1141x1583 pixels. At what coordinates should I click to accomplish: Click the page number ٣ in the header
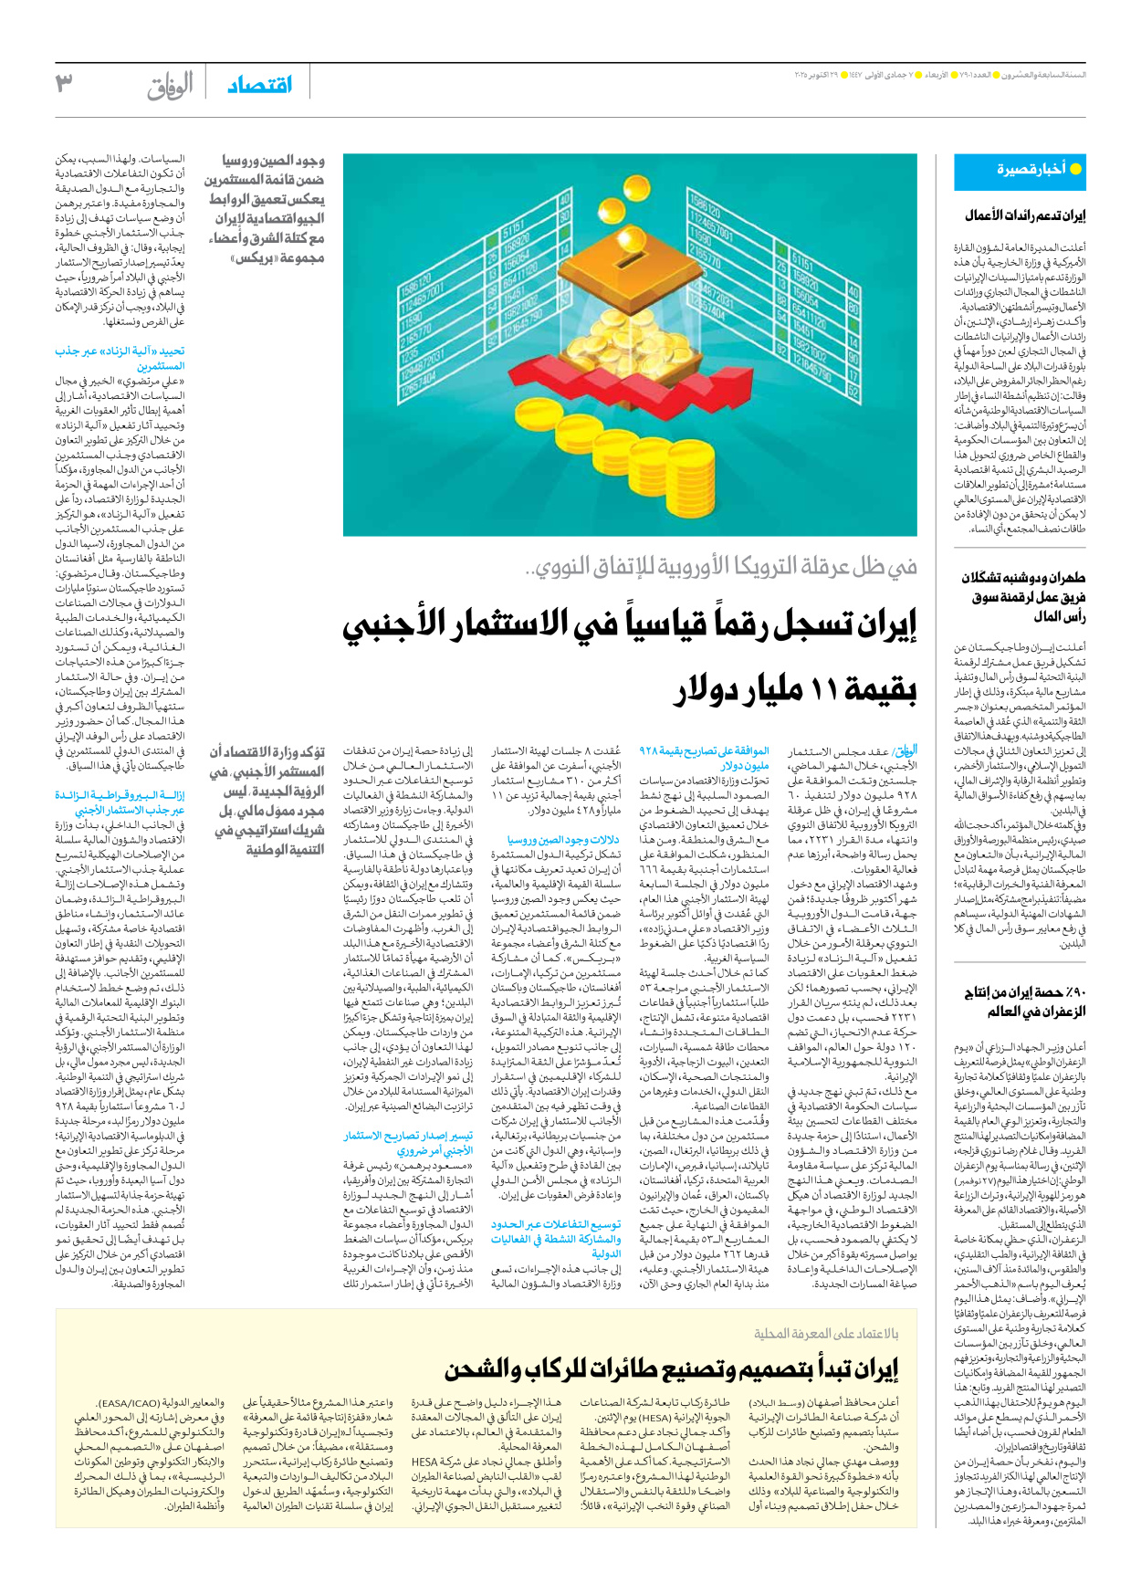tap(65, 83)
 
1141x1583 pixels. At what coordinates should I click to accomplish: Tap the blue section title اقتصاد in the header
tap(260, 85)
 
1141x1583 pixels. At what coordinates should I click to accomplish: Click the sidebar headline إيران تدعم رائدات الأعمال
tap(1025, 215)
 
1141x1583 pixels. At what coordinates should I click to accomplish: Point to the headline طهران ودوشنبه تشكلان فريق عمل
tap(1022, 597)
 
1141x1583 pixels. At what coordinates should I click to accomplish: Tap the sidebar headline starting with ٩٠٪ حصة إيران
tap(1024, 1001)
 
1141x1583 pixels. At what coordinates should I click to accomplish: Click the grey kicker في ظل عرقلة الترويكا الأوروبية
tap(721, 567)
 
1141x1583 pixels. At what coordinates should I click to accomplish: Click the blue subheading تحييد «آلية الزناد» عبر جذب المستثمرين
tap(120, 358)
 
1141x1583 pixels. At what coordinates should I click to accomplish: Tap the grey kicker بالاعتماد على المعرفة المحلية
tap(826, 1334)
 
